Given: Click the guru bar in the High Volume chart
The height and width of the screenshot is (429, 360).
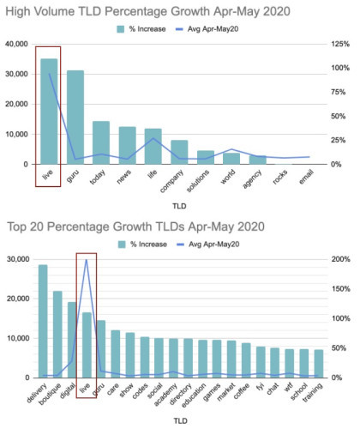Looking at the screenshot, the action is click(x=75, y=118).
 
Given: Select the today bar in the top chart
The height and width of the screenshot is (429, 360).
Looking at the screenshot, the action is click(x=101, y=142).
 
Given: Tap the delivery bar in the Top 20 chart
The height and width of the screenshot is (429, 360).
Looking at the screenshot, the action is click(x=43, y=321).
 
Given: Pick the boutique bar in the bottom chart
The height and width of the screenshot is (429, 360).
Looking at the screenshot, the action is click(x=57, y=335).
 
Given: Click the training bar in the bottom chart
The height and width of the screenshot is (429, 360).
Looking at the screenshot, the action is click(x=319, y=364).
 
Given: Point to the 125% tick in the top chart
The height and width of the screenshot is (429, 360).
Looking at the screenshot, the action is click(x=340, y=44).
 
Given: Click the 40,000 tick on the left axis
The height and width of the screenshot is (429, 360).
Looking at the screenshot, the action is click(x=16, y=44).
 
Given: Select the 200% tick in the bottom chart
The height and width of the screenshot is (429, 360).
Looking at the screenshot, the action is click(x=341, y=259).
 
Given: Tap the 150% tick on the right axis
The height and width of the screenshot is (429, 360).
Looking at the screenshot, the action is click(x=341, y=289).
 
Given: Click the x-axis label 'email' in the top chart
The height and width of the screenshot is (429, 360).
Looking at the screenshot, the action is click(x=307, y=177).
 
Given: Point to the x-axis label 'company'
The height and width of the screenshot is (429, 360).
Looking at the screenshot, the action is click(x=171, y=181).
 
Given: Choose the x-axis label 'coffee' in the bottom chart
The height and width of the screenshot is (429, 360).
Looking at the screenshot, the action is click(x=242, y=391).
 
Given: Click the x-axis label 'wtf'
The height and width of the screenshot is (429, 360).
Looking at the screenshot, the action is click(x=289, y=388).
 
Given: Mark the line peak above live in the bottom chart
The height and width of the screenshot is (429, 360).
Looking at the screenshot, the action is click(x=87, y=260).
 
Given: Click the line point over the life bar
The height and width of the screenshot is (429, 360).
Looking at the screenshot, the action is click(x=153, y=138).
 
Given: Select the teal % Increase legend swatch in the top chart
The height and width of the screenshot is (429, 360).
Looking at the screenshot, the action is click(x=121, y=29).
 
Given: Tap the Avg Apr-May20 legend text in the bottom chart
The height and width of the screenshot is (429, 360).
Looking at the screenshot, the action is click(x=214, y=245).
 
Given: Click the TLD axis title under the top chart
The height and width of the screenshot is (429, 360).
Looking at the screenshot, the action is click(x=179, y=206).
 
